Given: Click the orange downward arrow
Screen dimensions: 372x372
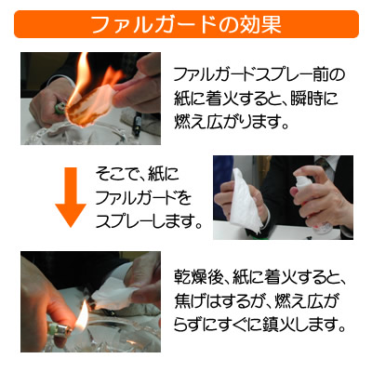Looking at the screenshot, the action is click(71, 197).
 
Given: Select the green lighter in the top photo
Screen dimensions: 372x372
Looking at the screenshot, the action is click(60, 108).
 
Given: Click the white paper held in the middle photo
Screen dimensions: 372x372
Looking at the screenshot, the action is click(246, 201).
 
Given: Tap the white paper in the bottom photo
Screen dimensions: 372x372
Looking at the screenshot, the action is click(114, 297).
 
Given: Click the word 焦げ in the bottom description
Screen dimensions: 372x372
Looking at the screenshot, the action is click(190, 300).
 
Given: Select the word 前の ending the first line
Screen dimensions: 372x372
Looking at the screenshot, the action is click(328, 75).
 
